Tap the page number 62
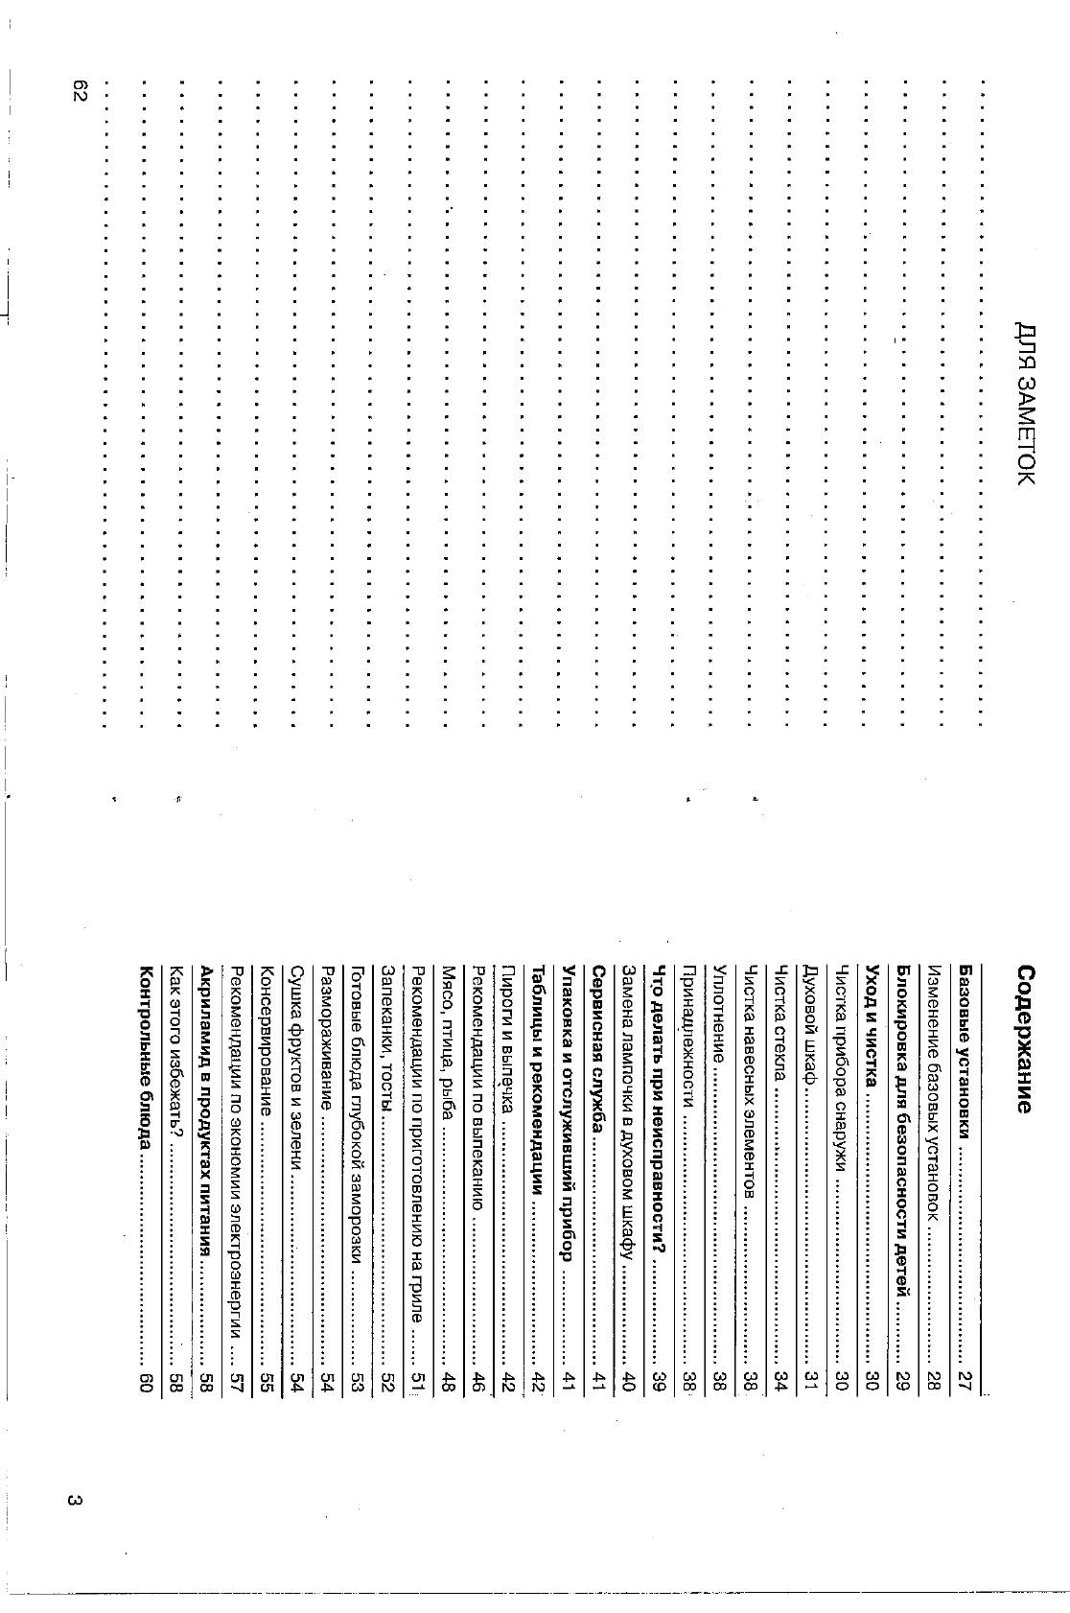coord(79,92)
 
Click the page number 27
coord(965,1379)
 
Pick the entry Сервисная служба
coord(596,1045)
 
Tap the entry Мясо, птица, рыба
coord(446,1044)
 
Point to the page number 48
coord(446,1379)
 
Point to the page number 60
coord(145,1379)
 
